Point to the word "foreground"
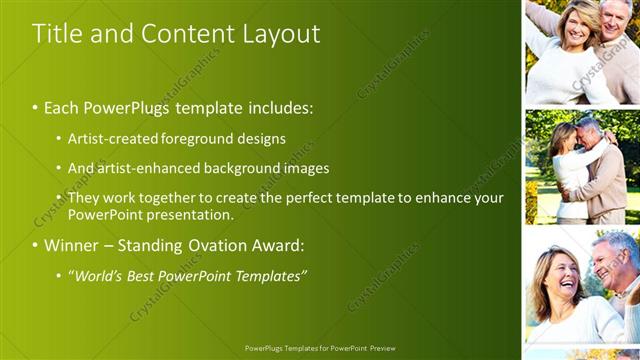[x=195, y=138]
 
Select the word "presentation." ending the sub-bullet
[x=191, y=214]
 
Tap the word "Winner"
[x=71, y=245]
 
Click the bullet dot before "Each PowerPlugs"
[x=35, y=107]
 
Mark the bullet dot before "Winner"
[x=35, y=246]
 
